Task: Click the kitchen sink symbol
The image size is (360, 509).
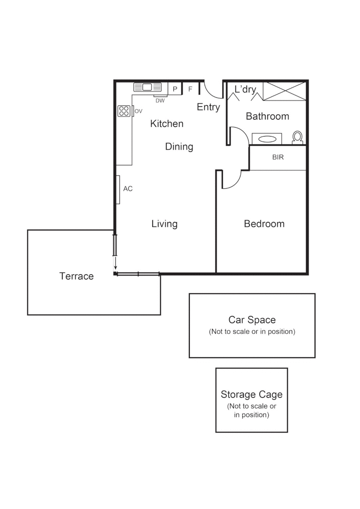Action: [x=147, y=87]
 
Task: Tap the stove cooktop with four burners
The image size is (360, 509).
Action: [x=124, y=111]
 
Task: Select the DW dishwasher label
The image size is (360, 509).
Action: [x=160, y=101]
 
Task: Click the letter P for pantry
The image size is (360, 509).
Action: [x=175, y=89]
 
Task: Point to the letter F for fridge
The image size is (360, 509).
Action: [x=190, y=89]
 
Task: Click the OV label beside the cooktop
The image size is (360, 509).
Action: [x=139, y=111]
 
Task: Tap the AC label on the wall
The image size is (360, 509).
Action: [x=128, y=189]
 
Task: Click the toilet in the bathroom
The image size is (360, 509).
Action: [x=297, y=137]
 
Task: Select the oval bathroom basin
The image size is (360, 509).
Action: [x=267, y=139]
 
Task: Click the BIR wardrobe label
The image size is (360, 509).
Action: [x=278, y=158]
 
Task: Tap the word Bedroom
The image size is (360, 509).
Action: [x=264, y=224]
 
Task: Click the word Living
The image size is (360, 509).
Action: [x=164, y=224]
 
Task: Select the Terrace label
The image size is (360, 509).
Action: [x=76, y=276]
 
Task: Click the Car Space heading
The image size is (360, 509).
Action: [x=252, y=320]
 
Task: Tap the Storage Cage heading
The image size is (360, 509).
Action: [x=252, y=395]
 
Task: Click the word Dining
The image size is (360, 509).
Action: [x=179, y=146]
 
